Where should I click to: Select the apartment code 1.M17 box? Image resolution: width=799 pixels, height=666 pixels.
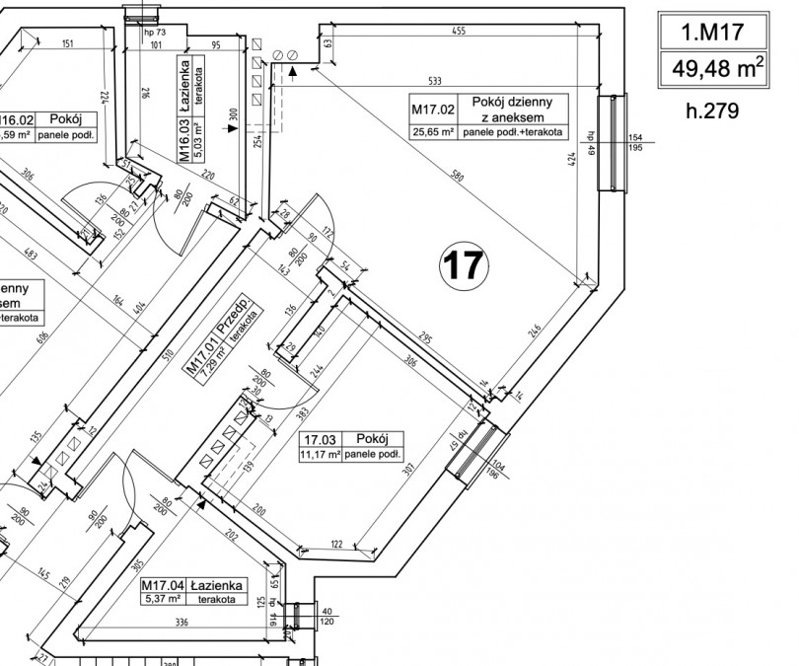point(711,34)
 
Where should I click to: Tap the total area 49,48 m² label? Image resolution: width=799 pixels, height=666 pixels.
point(711,69)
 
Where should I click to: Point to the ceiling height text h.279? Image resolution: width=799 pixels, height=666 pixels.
point(711,110)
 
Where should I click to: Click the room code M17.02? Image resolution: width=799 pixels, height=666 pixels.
point(433,110)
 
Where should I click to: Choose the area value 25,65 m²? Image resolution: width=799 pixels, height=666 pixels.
point(433,131)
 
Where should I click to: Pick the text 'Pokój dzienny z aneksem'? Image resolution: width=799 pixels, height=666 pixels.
point(517,110)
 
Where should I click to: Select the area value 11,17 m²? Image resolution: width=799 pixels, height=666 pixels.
point(321,455)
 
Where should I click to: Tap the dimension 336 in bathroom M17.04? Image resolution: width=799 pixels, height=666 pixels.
point(182,623)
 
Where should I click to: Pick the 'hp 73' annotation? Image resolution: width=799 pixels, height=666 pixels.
point(157,33)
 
